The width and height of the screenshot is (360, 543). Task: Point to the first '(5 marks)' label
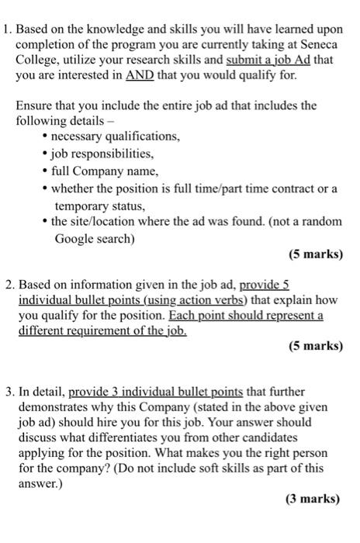coord(315,254)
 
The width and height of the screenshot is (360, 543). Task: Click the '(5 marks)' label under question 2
coord(315,346)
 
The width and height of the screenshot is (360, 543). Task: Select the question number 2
coord(7,285)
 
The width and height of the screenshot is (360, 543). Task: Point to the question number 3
coord(7,392)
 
